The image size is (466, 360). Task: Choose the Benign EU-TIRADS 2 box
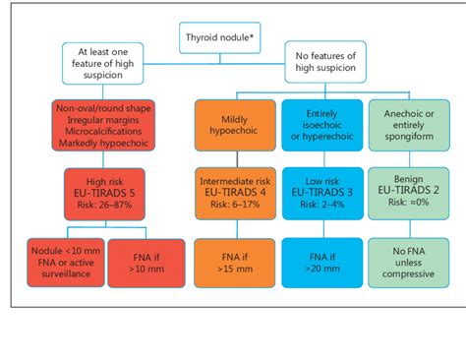(403, 193)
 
